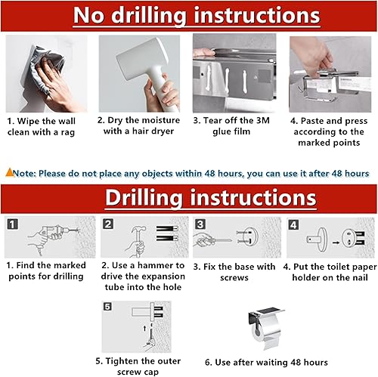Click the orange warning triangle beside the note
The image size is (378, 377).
[10, 172]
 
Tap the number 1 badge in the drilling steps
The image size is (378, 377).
[12, 224]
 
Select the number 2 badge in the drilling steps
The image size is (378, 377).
[108, 224]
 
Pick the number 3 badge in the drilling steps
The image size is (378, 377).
[200, 224]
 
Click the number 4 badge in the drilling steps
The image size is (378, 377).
[293, 225]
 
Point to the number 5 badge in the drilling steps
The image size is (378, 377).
[107, 307]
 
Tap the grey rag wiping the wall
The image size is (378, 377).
[43, 70]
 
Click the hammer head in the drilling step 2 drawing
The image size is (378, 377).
[139, 229]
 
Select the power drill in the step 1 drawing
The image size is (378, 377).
[56, 231]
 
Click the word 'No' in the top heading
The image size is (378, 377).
[88, 16]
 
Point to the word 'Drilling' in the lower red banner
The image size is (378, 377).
[144, 198]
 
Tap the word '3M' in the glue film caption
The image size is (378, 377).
[263, 120]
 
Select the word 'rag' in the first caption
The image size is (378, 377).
[68, 132]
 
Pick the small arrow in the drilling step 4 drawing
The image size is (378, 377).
[336, 243]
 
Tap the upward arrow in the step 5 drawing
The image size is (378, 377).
[144, 328]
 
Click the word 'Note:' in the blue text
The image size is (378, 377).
[24, 174]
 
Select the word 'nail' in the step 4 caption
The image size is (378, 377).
[359, 277]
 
